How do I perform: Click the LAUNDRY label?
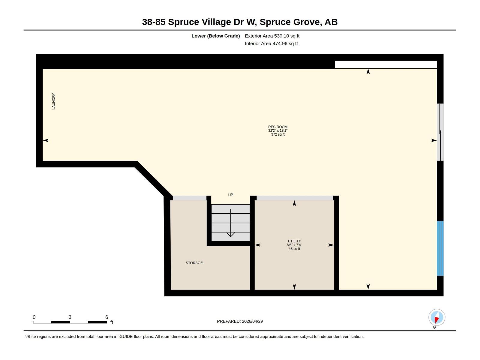point(53,101)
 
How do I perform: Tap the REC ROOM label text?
point(277,127)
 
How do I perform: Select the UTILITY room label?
point(294,241)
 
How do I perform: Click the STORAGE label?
point(194,263)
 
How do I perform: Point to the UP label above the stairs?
point(230,195)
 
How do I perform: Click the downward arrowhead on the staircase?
point(230,234)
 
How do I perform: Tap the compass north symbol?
point(436,317)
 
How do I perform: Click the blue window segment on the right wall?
point(440,248)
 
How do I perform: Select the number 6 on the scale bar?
point(106,317)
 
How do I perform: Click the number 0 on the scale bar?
point(34,317)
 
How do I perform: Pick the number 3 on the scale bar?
point(70,317)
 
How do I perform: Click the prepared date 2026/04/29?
point(252,321)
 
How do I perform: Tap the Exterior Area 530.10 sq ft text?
point(272,36)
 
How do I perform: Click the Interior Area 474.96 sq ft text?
point(271,43)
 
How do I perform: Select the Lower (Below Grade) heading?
point(215,36)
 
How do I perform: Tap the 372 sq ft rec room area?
point(277,134)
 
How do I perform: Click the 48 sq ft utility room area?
point(294,249)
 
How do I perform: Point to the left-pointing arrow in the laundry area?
point(46,140)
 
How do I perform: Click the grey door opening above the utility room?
point(295,198)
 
